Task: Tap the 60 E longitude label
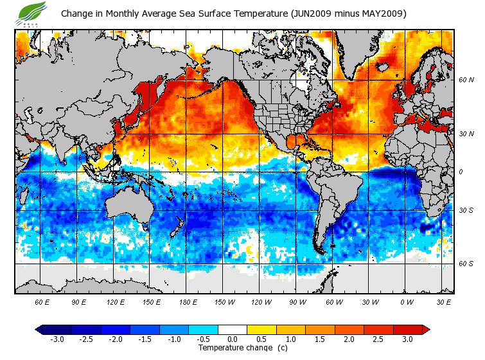coord(42,301)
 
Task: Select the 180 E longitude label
coord(189,301)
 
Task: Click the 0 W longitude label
coord(407,301)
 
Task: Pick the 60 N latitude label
coord(466,80)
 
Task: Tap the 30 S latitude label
coord(466,210)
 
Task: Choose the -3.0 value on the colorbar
coord(57,339)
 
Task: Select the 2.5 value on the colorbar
coord(378,339)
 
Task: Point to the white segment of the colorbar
coord(232,330)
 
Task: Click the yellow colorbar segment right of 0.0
coord(261,330)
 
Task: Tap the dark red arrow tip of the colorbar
coord(426,330)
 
